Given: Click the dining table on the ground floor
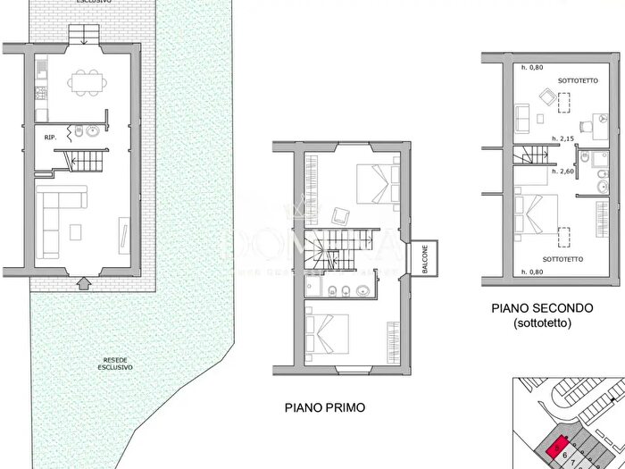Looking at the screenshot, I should pyautogui.click(x=87, y=81).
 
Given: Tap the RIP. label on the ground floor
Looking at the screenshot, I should pyautogui.click(x=52, y=138).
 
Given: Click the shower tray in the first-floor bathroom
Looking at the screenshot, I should pyautogui.click(x=314, y=287).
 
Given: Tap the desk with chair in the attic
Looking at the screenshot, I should pyautogui.click(x=591, y=127).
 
